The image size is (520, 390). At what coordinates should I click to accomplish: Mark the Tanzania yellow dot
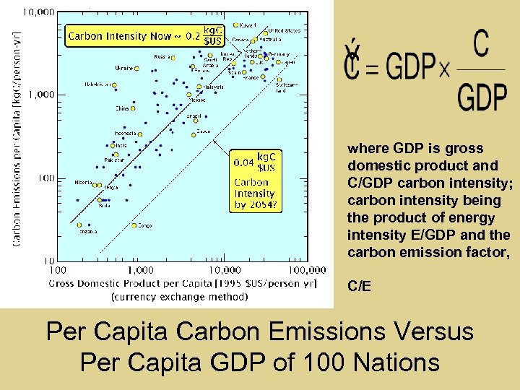click(x=80, y=225)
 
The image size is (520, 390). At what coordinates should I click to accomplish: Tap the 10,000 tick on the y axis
click(x=40, y=12)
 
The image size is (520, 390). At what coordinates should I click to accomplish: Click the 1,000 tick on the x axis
click(x=141, y=269)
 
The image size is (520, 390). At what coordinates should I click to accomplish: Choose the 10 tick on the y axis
click(x=49, y=260)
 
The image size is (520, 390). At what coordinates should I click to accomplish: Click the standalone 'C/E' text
click(x=360, y=287)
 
